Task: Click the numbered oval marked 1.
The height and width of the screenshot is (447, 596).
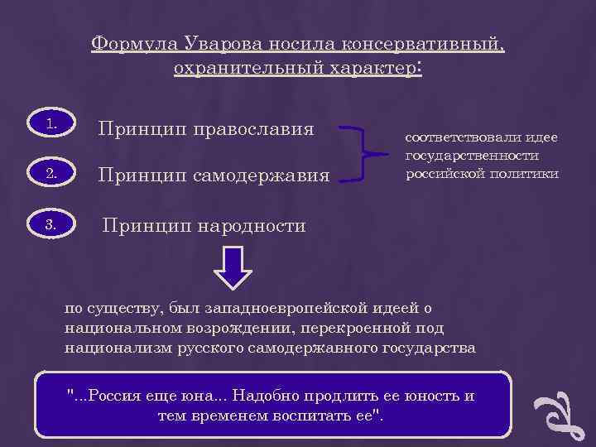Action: click(51, 126)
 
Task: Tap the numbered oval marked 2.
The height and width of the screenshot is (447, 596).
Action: click(51, 175)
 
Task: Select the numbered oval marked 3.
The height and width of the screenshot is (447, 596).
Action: click(51, 224)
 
